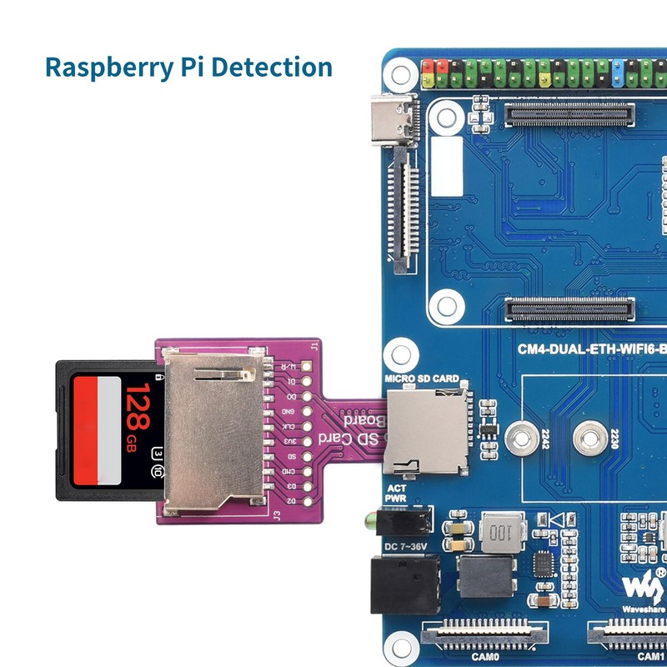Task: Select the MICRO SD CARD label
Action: [x=421, y=379]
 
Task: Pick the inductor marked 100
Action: [x=502, y=533]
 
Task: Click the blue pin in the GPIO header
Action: [x=618, y=73]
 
